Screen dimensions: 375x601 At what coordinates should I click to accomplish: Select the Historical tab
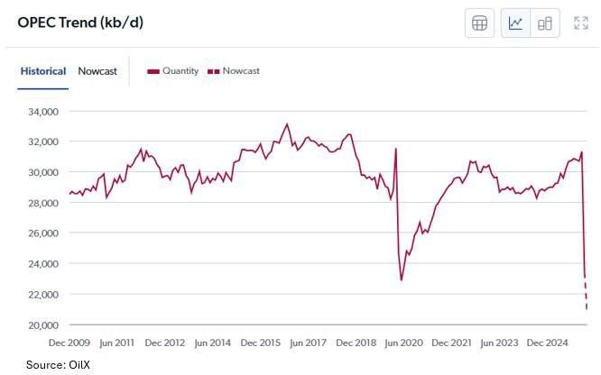point(43,71)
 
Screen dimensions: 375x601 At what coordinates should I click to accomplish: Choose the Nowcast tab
point(97,71)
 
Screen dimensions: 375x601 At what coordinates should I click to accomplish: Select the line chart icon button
point(515,23)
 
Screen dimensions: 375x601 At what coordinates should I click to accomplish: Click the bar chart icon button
point(544,23)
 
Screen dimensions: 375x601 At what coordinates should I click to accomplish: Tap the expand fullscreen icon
point(581,23)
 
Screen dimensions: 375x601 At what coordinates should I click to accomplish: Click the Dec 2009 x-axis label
point(69,343)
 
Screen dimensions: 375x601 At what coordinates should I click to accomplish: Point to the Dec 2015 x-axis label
point(260,343)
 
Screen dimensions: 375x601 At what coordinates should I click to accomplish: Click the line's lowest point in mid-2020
point(402,280)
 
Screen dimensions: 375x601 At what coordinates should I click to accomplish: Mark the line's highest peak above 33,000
point(287,124)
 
